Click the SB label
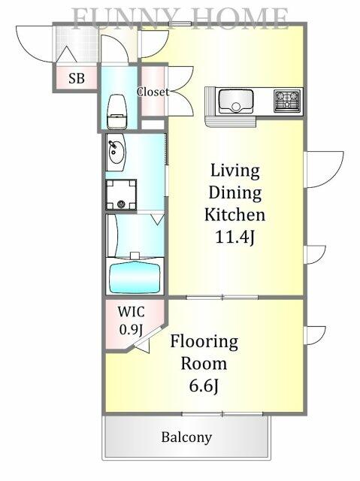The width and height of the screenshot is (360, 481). point(77,78)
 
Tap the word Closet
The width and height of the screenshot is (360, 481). point(153,92)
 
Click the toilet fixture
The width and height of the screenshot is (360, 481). point(116,112)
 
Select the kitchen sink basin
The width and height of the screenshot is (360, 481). point(236,101)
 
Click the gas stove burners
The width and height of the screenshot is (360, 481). point(287,100)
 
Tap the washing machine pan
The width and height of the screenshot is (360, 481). point(121,195)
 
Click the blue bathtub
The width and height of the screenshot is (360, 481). point(135,277)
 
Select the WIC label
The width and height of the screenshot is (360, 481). point(132,312)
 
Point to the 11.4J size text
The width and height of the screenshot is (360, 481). point(235,237)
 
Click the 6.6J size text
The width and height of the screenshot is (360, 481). point(204,386)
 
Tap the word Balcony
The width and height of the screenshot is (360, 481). point(186,437)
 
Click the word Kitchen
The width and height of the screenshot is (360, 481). point(235,214)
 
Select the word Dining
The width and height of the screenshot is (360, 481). point(235,193)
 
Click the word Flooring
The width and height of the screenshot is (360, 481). point(204,342)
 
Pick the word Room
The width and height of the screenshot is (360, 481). point(204,364)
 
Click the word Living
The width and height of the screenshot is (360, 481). point(235,171)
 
